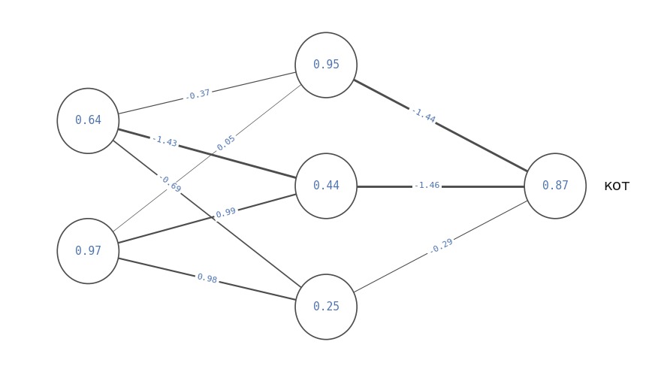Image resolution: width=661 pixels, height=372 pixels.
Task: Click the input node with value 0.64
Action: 88,121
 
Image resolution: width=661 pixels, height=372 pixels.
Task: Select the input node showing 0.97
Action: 88,251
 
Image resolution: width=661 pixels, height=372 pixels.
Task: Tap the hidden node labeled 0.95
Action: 326,65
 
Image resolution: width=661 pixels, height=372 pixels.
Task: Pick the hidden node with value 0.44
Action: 326,186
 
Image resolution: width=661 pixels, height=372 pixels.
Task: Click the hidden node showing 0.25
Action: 326,307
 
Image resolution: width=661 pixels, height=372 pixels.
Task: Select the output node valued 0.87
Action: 555,186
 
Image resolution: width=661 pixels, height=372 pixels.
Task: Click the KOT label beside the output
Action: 617,186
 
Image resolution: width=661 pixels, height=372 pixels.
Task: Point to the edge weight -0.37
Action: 198,95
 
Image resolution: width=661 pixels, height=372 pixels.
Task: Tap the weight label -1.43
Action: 164,141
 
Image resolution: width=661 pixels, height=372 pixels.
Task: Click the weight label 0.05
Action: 226,143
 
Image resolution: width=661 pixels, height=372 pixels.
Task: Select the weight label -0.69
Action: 171,184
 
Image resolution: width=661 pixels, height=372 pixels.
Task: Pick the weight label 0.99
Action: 225,212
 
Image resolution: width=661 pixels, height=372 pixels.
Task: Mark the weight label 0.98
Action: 207,278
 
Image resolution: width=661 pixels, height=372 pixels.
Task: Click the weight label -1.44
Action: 423,115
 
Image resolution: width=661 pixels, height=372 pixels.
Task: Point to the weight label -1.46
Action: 427,186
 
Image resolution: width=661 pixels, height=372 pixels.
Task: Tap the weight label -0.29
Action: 441,246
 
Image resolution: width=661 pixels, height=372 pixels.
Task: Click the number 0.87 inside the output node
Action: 555,186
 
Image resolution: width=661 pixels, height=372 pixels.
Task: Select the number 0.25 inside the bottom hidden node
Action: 326,307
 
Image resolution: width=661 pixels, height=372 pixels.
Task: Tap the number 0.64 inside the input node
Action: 88,120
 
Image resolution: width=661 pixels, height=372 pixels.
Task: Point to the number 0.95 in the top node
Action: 326,65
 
